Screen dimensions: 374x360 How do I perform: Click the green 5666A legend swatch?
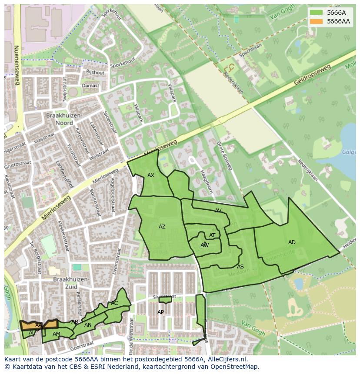316,13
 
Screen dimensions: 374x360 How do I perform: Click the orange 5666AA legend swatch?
316,21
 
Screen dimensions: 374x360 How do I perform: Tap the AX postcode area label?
151,175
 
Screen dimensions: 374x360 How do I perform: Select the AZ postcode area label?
162,227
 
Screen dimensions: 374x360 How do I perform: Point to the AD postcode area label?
292,242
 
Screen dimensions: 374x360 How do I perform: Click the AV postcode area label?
218,211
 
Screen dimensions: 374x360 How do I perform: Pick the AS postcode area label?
240,267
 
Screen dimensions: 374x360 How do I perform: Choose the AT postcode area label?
212,235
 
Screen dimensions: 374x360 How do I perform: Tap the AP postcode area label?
160,312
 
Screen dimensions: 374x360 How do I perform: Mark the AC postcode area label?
114,303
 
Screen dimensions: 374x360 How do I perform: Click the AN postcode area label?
88,325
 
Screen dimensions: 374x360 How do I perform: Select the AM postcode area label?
56,334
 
